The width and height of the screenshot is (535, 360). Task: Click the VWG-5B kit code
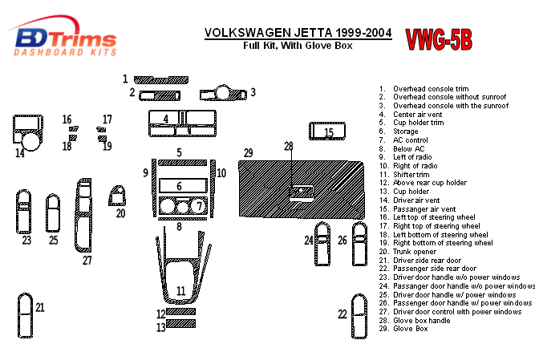click(x=438, y=38)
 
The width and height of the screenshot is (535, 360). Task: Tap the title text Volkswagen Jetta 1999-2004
click(x=298, y=33)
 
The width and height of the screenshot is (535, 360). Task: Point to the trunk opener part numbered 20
click(x=119, y=196)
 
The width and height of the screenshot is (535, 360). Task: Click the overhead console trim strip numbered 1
click(x=160, y=79)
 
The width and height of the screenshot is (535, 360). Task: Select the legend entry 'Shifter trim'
click(x=411, y=174)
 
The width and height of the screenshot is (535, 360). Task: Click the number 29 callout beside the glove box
click(x=249, y=152)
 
